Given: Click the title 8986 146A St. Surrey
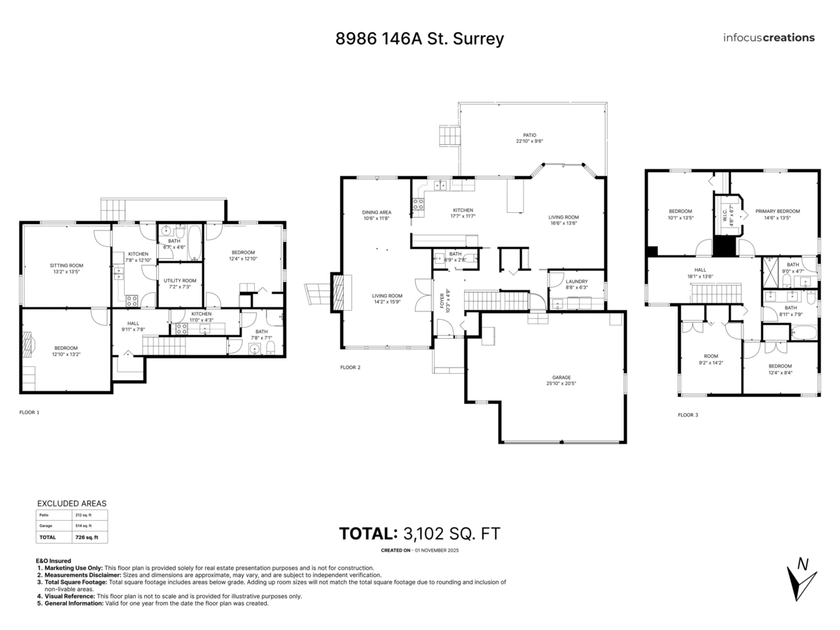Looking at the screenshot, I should [x=419, y=38].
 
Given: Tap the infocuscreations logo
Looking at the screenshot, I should [x=769, y=38].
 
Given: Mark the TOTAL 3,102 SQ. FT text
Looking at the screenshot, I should [x=419, y=533].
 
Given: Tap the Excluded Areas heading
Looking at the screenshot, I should [x=71, y=503].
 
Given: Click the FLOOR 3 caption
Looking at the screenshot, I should [x=687, y=415].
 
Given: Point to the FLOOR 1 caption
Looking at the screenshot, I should [x=29, y=412].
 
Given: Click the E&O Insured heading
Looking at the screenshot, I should [x=53, y=561].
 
